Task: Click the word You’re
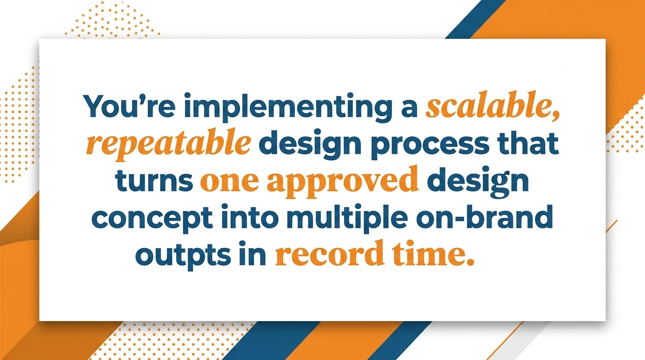click(129, 105)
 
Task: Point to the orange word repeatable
click(169, 145)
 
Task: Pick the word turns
click(154, 181)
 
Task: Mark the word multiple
click(347, 219)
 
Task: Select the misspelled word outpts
click(183, 256)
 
